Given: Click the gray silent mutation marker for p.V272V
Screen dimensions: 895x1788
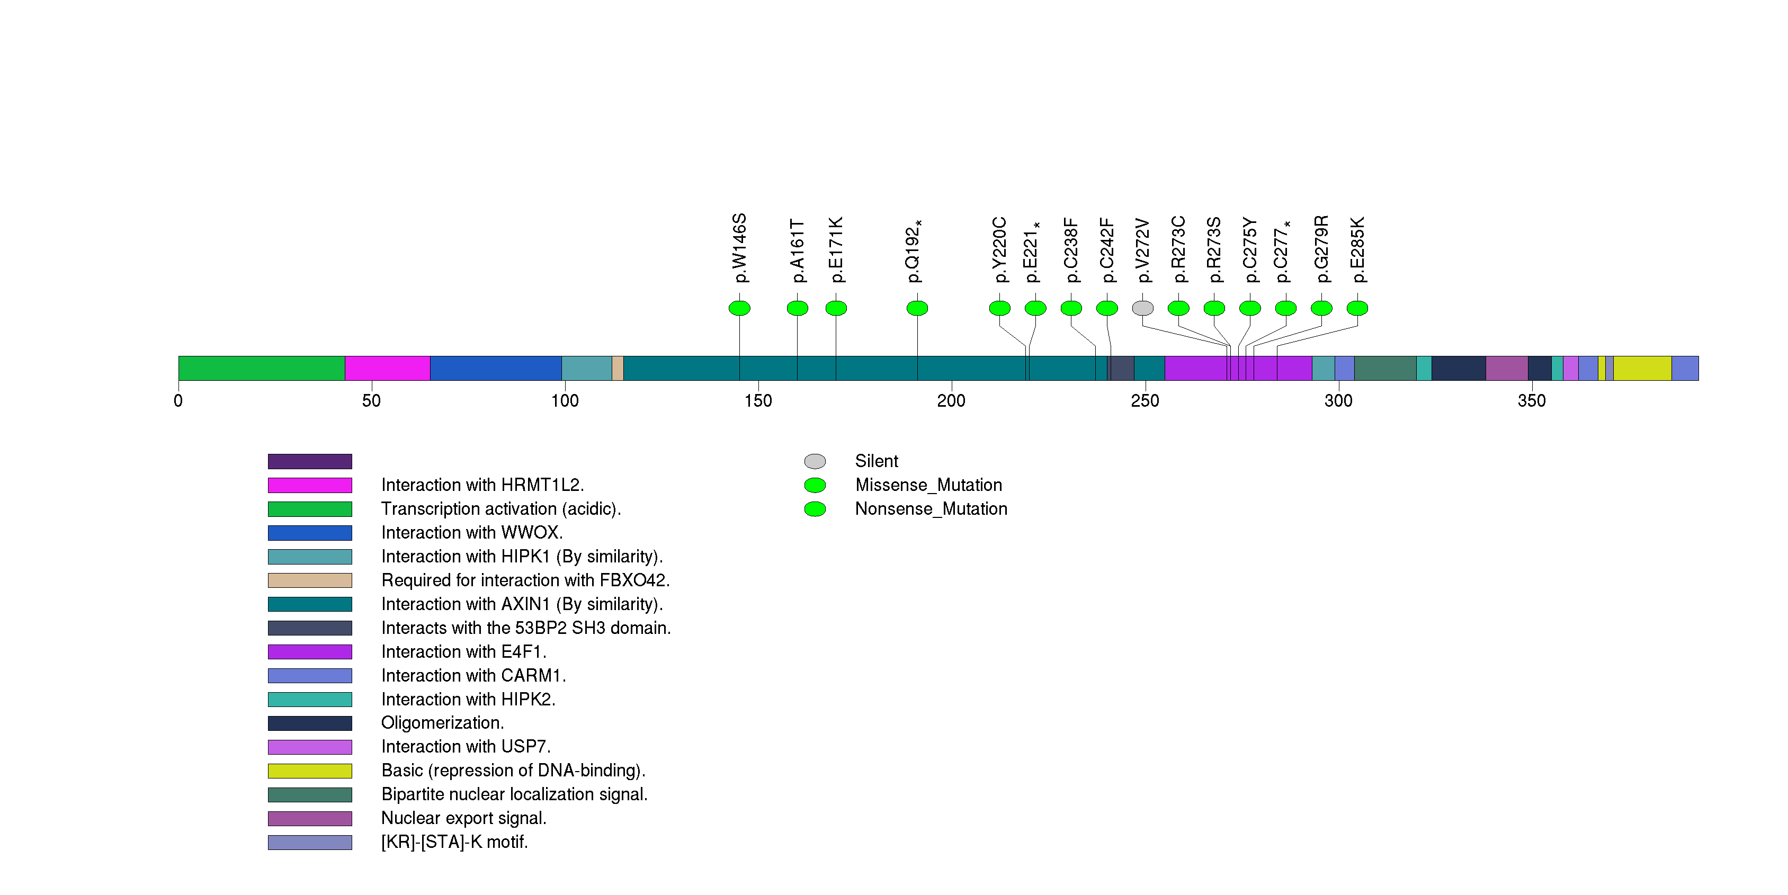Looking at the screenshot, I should coord(1142,308).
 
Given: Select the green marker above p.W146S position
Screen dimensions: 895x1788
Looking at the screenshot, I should coord(739,308).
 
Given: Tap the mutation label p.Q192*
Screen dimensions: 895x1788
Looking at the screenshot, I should coord(914,251).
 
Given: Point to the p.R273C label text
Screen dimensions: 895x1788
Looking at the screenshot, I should coord(1178,250).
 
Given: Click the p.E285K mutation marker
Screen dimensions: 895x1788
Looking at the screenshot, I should coord(1357,308).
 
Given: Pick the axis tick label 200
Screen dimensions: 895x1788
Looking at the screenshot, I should coord(951,401).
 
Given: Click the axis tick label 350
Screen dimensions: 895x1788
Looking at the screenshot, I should coord(1531,401).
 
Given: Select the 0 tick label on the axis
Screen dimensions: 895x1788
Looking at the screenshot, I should coord(178,401).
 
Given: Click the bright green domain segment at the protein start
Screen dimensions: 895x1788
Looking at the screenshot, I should coord(261,369).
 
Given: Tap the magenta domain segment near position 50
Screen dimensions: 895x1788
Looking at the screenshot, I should coord(387,369).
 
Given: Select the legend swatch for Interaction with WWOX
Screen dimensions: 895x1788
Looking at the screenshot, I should coord(310,533).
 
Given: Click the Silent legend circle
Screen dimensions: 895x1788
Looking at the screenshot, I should coord(815,461).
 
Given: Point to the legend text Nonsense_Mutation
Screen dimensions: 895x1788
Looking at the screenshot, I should coord(931,509).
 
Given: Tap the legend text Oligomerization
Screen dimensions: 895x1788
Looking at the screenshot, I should coord(442,723).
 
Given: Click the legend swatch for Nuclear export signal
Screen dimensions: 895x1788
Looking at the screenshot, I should coord(310,819).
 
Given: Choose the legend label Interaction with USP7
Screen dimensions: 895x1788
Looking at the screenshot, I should coord(466,747).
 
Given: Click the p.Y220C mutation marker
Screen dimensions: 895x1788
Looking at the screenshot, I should coord(999,308).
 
